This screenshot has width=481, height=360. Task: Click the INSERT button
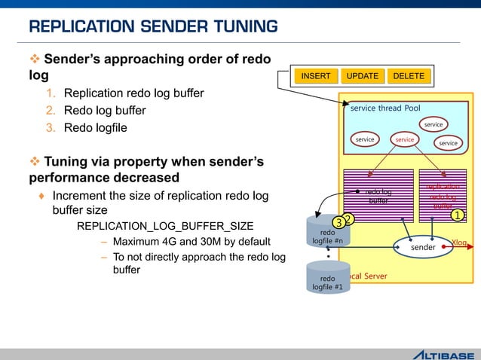[316, 76]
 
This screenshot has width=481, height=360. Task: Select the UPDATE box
[363, 76]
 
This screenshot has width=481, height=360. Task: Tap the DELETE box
[409, 76]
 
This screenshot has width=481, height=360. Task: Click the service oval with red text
[405, 139]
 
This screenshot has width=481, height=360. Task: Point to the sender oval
[422, 246]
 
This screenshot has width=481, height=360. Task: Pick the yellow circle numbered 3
[340, 223]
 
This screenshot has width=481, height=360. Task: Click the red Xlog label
[459, 242]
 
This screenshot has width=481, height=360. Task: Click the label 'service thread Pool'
[385, 108]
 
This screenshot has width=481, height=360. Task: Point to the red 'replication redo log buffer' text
[443, 196]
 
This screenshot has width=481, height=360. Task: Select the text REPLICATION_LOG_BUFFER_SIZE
[165, 226]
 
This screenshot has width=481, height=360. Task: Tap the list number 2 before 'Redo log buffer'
[51, 111]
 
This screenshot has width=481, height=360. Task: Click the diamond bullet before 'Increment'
[41, 196]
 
